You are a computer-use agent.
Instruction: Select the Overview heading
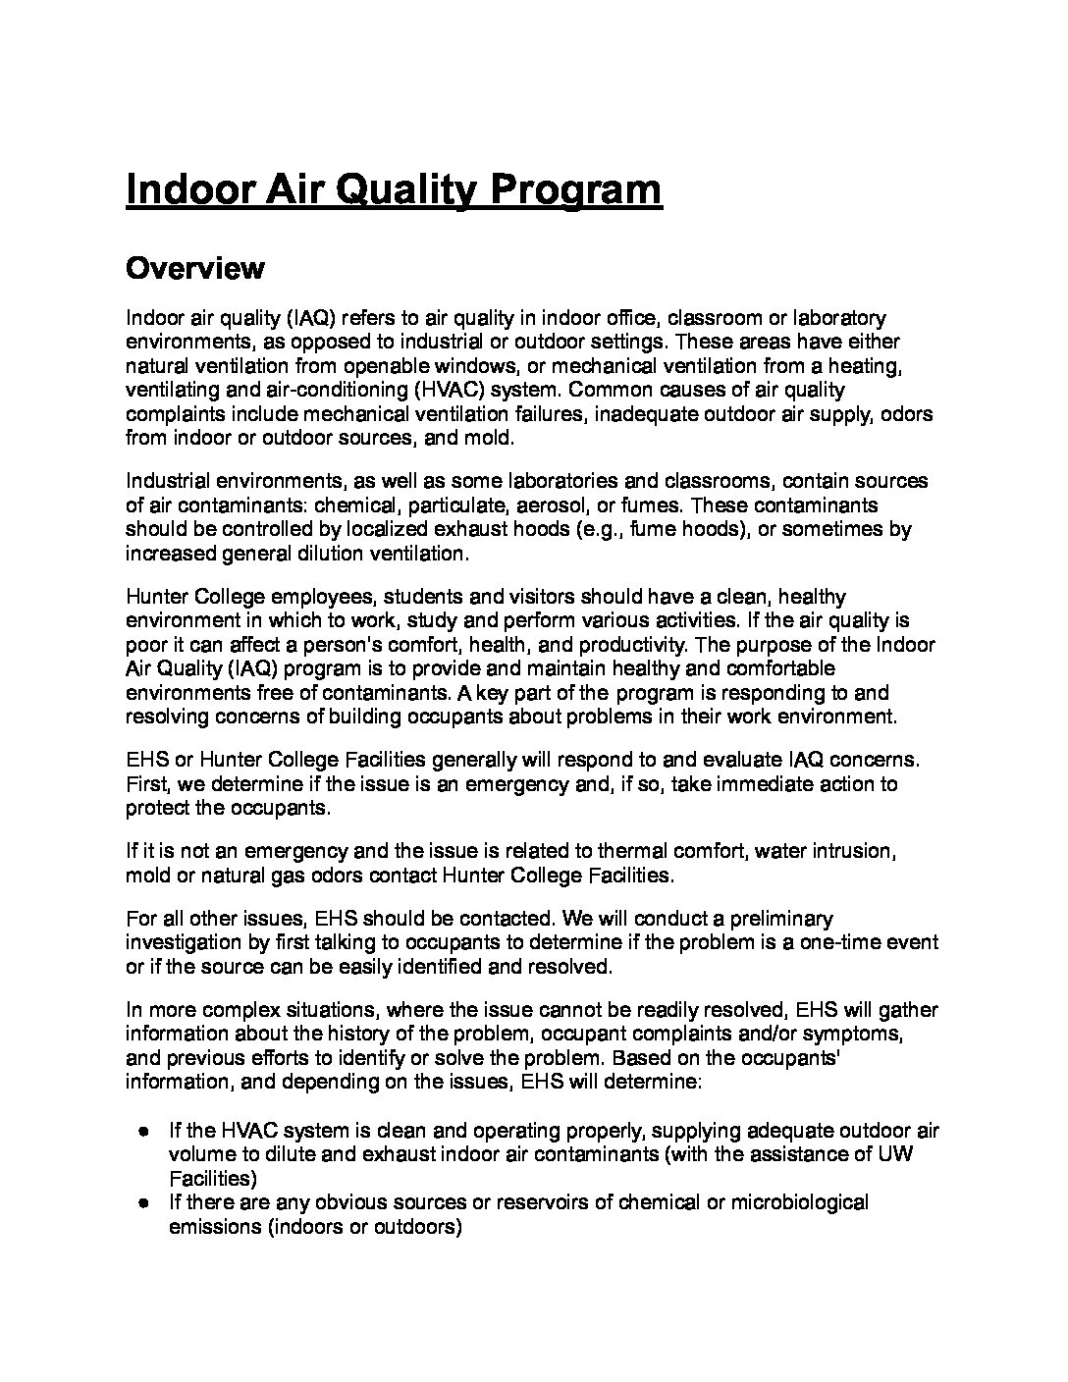click(x=194, y=268)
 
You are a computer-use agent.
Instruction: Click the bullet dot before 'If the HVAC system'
click(x=144, y=1131)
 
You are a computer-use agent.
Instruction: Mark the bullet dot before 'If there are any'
click(x=144, y=1202)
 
